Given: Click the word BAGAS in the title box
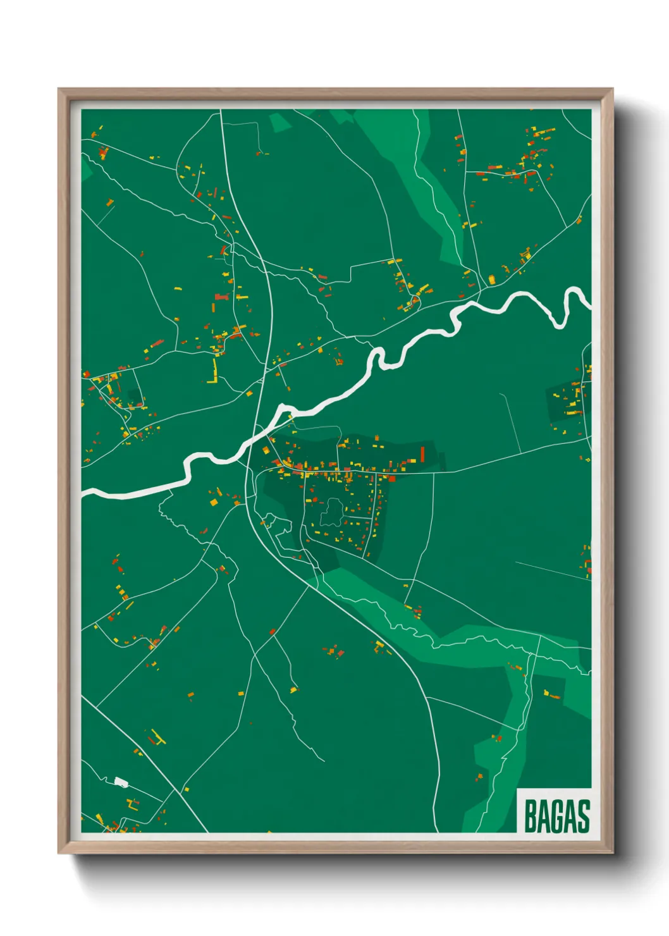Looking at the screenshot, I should coord(556,816).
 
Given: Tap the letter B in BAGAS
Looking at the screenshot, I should coord(531,816).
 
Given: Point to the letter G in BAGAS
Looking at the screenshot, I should coord(557,816).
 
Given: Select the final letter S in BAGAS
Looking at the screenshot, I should coord(584,816).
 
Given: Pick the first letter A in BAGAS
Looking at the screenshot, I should coord(544,816).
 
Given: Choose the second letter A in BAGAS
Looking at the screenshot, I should coord(570,816).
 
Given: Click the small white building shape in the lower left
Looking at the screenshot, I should coord(121,782).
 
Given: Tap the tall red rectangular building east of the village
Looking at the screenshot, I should coord(422,454).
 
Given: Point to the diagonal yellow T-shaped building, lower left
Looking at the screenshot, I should coord(156,737).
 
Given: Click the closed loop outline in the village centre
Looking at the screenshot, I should coord(331,512).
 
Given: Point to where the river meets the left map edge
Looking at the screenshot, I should coord(83,491).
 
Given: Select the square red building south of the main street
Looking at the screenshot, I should coord(392,478).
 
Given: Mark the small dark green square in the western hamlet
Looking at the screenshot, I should coord(134,397).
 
